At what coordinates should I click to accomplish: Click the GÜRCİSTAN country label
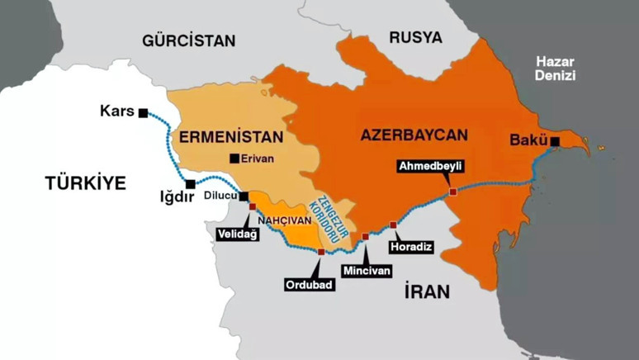pyautogui.click(x=188, y=40)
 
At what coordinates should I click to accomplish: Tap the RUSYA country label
pyautogui.click(x=415, y=37)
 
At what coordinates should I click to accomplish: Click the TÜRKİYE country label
pyautogui.click(x=85, y=183)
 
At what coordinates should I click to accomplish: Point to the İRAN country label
pyautogui.click(x=427, y=291)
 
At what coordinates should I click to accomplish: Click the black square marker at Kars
pyautogui.click(x=144, y=112)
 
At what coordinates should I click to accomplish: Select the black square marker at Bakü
pyautogui.click(x=555, y=142)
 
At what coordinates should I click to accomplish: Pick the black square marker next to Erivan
pyautogui.click(x=234, y=159)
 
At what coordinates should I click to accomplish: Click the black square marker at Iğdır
pyautogui.click(x=191, y=184)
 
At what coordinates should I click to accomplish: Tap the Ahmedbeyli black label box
pyautogui.click(x=430, y=166)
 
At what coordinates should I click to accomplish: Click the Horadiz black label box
pyautogui.click(x=409, y=246)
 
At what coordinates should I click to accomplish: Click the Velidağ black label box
pyautogui.click(x=238, y=234)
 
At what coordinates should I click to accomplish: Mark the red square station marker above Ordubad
pyautogui.click(x=320, y=251)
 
